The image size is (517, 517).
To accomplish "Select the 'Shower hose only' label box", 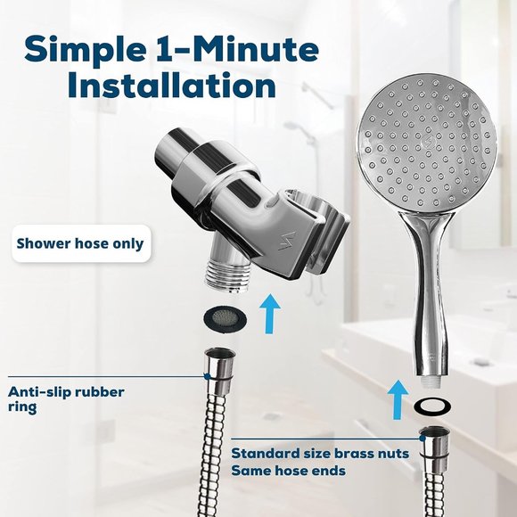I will [79, 243].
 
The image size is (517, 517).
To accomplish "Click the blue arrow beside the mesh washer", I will [267, 314].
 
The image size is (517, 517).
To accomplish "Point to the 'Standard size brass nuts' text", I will [320, 453].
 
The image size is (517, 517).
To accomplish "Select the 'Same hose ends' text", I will [289, 470].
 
